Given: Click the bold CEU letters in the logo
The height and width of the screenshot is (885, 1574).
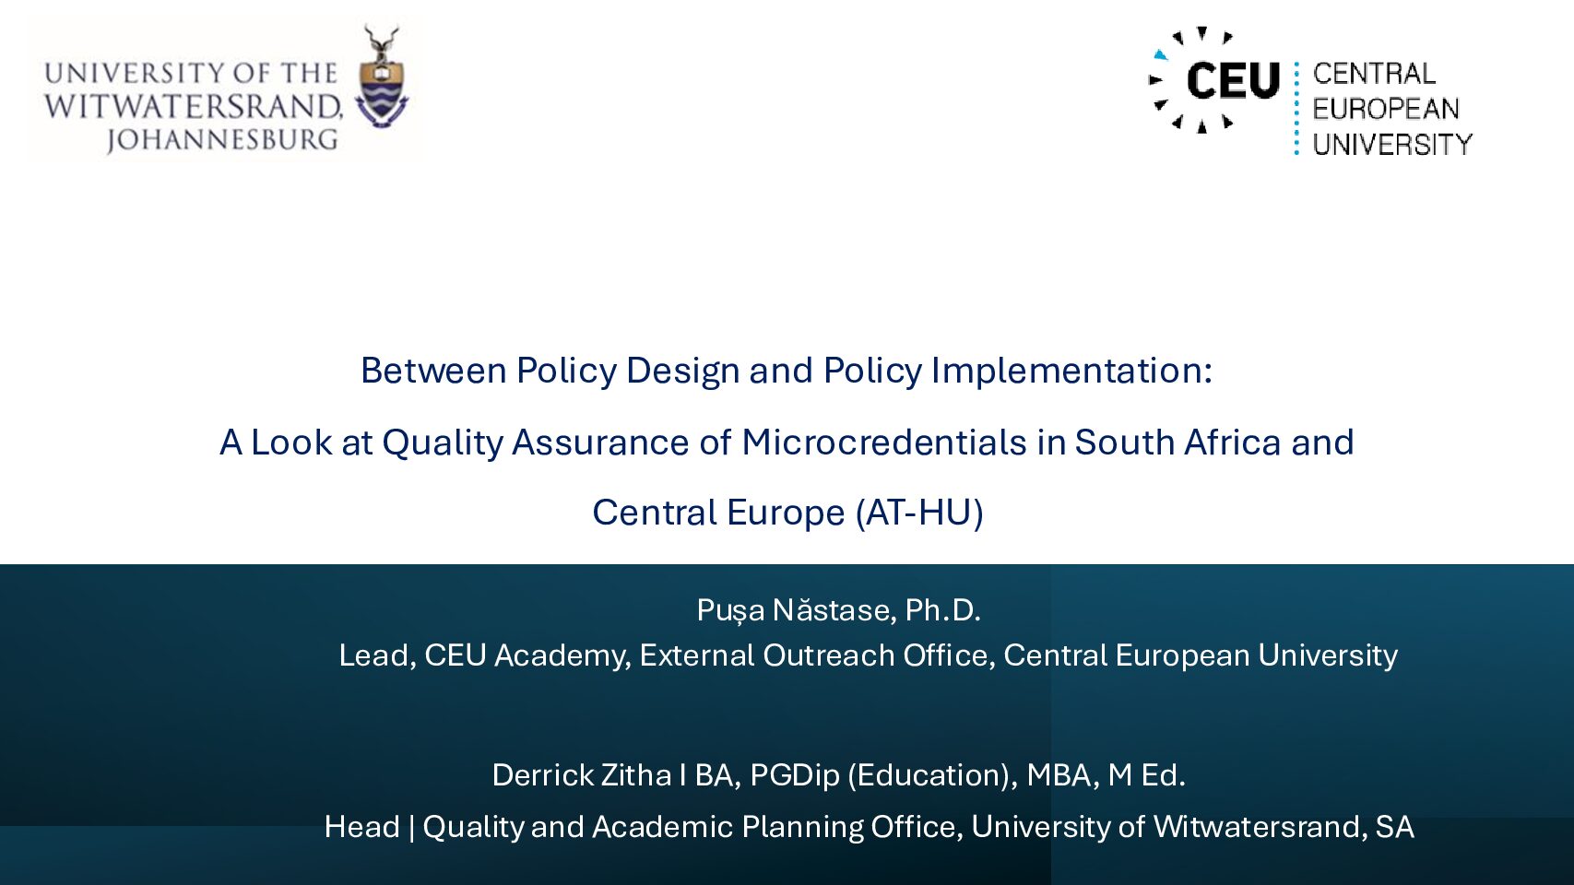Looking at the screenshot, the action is pyautogui.click(x=1233, y=80).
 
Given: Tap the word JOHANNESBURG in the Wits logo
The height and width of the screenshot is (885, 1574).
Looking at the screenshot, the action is pyautogui.click(x=222, y=140).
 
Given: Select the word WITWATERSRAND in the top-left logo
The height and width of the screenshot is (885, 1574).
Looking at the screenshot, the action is pyautogui.click(x=194, y=107).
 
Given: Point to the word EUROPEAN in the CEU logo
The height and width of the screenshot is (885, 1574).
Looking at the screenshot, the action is pyautogui.click(x=1386, y=109).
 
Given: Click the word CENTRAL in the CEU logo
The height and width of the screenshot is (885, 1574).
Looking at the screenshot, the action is pyautogui.click(x=1374, y=73).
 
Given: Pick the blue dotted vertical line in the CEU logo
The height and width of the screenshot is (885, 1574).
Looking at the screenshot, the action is pyautogui.click(x=1296, y=108).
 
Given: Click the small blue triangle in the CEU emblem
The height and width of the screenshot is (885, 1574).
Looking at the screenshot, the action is pyautogui.click(x=1161, y=54).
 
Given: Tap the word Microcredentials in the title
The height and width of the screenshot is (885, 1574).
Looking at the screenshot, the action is pyautogui.click(x=884, y=442).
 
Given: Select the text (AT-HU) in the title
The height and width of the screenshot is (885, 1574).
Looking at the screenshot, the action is pyautogui.click(x=919, y=513).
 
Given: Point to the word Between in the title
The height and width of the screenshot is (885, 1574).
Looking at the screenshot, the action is pyautogui.click(x=433, y=371).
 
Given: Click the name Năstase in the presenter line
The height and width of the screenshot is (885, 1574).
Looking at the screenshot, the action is pyautogui.click(x=834, y=609).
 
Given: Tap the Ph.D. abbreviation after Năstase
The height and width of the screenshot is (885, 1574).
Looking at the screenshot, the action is pyautogui.click(x=942, y=609).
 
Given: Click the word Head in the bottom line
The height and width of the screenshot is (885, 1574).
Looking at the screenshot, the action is pyautogui.click(x=361, y=827).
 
